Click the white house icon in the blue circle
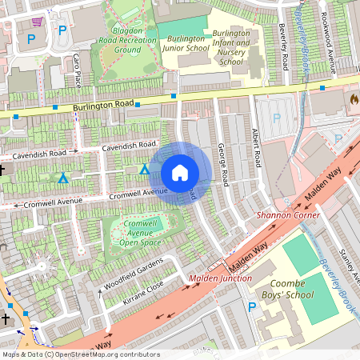coord(180,173)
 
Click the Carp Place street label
coord(78,70)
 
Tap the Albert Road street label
coord(256,147)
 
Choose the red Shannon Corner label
coord(287,215)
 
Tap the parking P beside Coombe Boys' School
coord(253,307)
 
